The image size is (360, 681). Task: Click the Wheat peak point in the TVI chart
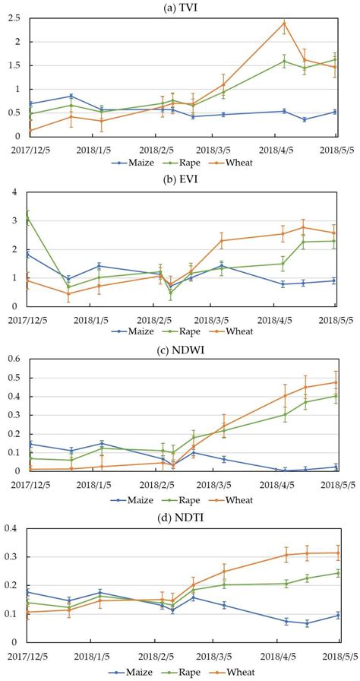284,23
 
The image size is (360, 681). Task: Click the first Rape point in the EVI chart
28,217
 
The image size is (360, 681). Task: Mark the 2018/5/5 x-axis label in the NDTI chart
336,656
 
